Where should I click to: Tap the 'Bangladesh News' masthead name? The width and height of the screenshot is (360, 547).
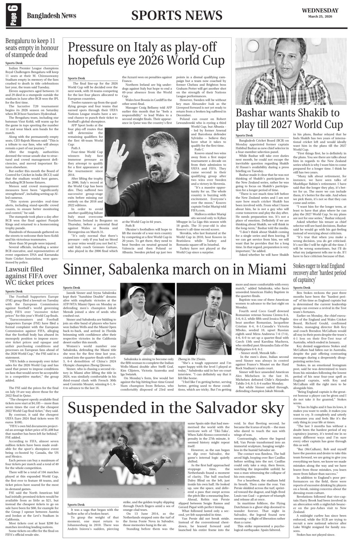tap(51, 16)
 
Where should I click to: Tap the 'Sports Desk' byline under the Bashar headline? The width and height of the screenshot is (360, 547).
tap(244, 136)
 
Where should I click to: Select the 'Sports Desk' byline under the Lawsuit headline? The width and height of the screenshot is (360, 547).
tap(14, 291)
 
